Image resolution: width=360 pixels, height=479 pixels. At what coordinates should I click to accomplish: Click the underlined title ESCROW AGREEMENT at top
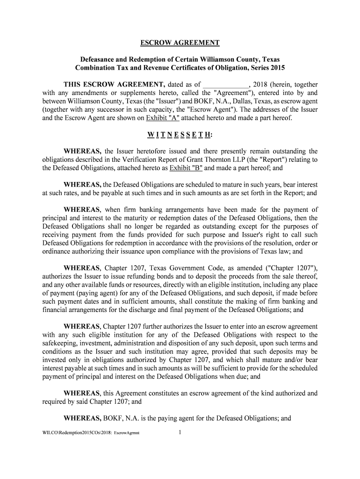point(180,43)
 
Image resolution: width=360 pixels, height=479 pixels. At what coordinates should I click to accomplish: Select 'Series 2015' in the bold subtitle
point(265,68)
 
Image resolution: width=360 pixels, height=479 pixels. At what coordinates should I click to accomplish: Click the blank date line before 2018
point(225,85)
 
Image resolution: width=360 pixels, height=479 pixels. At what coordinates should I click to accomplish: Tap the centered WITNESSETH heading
point(180,135)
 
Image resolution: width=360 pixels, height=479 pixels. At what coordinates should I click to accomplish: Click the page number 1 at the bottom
point(180,432)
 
